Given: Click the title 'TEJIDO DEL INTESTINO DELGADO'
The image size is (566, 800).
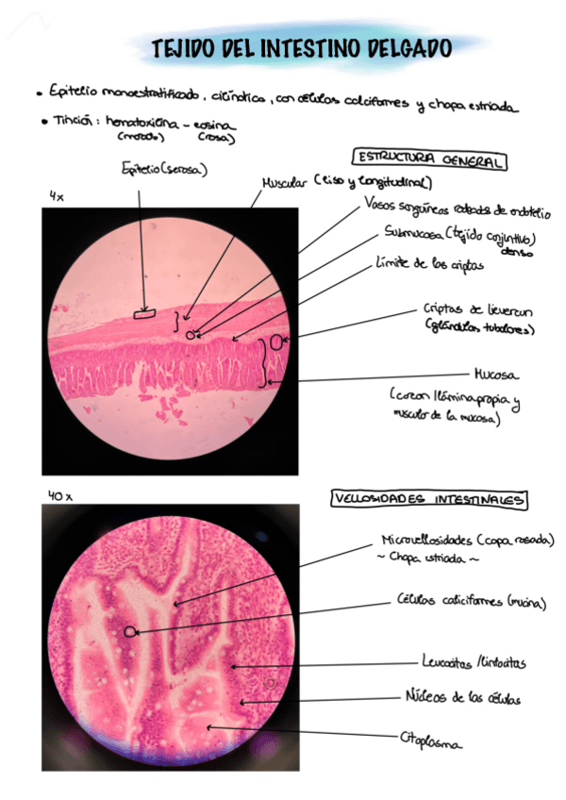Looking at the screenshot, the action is [x=302, y=47].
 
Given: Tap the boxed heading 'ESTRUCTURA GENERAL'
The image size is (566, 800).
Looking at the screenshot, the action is [x=428, y=160].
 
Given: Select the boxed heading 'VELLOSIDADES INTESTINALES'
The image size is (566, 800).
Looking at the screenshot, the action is [x=429, y=499].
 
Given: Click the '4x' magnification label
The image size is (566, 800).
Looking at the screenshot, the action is [x=58, y=196].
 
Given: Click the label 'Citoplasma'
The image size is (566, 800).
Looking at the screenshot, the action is [x=431, y=742].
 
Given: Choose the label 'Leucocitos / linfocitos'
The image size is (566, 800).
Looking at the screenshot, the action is [x=473, y=662].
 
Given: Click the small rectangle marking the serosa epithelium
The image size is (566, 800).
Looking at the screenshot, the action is [x=144, y=314].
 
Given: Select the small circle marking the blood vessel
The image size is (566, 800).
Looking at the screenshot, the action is [x=191, y=334].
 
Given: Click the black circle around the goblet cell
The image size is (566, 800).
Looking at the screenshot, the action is [x=129, y=631].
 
